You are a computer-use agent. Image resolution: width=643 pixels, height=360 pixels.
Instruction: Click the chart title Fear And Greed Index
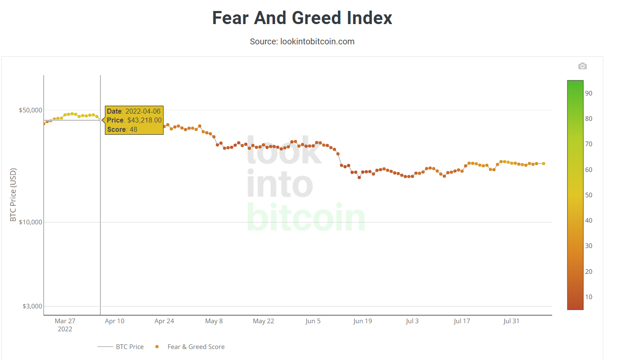(x=302, y=18)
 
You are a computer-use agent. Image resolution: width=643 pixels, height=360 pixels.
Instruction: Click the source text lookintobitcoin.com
(x=302, y=41)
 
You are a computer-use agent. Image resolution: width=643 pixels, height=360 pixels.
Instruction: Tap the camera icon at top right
(x=582, y=66)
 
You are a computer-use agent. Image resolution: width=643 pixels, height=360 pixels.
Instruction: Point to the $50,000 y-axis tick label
(x=30, y=110)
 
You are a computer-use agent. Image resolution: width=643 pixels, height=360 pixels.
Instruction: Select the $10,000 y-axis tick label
(x=30, y=222)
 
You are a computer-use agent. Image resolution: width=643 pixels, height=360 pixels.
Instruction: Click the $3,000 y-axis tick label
(x=32, y=306)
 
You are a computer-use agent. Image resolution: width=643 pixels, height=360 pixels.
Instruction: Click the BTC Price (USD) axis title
(x=13, y=195)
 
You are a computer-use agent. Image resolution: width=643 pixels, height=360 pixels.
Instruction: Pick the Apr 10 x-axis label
(x=114, y=321)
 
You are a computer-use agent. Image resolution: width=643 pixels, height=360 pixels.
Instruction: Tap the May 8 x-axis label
(x=214, y=321)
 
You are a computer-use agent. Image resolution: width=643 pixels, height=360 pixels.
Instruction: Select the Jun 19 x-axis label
(x=362, y=321)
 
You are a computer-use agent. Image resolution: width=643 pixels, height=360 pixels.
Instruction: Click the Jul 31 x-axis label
(x=511, y=321)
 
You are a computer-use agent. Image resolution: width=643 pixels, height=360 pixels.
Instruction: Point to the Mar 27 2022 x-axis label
(x=65, y=325)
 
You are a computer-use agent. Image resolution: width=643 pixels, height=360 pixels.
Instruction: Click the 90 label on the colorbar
(x=589, y=93)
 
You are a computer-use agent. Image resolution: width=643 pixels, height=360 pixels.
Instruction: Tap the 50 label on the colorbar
(x=589, y=195)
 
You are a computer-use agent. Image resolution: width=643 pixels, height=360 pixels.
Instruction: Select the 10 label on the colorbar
(x=589, y=297)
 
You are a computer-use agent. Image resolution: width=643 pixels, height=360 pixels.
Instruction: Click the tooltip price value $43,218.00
(x=144, y=120)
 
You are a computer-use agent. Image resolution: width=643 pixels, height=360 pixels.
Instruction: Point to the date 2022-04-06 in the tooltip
(x=143, y=112)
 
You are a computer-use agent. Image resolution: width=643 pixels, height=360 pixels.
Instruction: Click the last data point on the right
(x=543, y=164)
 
